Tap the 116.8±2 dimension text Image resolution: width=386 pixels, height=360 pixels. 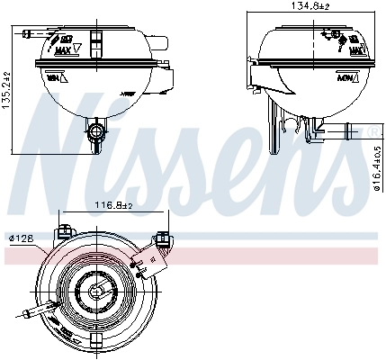[113, 204]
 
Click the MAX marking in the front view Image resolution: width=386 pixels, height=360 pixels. [89, 50]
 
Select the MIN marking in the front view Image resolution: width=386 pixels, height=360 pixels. [53, 79]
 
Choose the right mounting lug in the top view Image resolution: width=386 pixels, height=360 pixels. [164, 238]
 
